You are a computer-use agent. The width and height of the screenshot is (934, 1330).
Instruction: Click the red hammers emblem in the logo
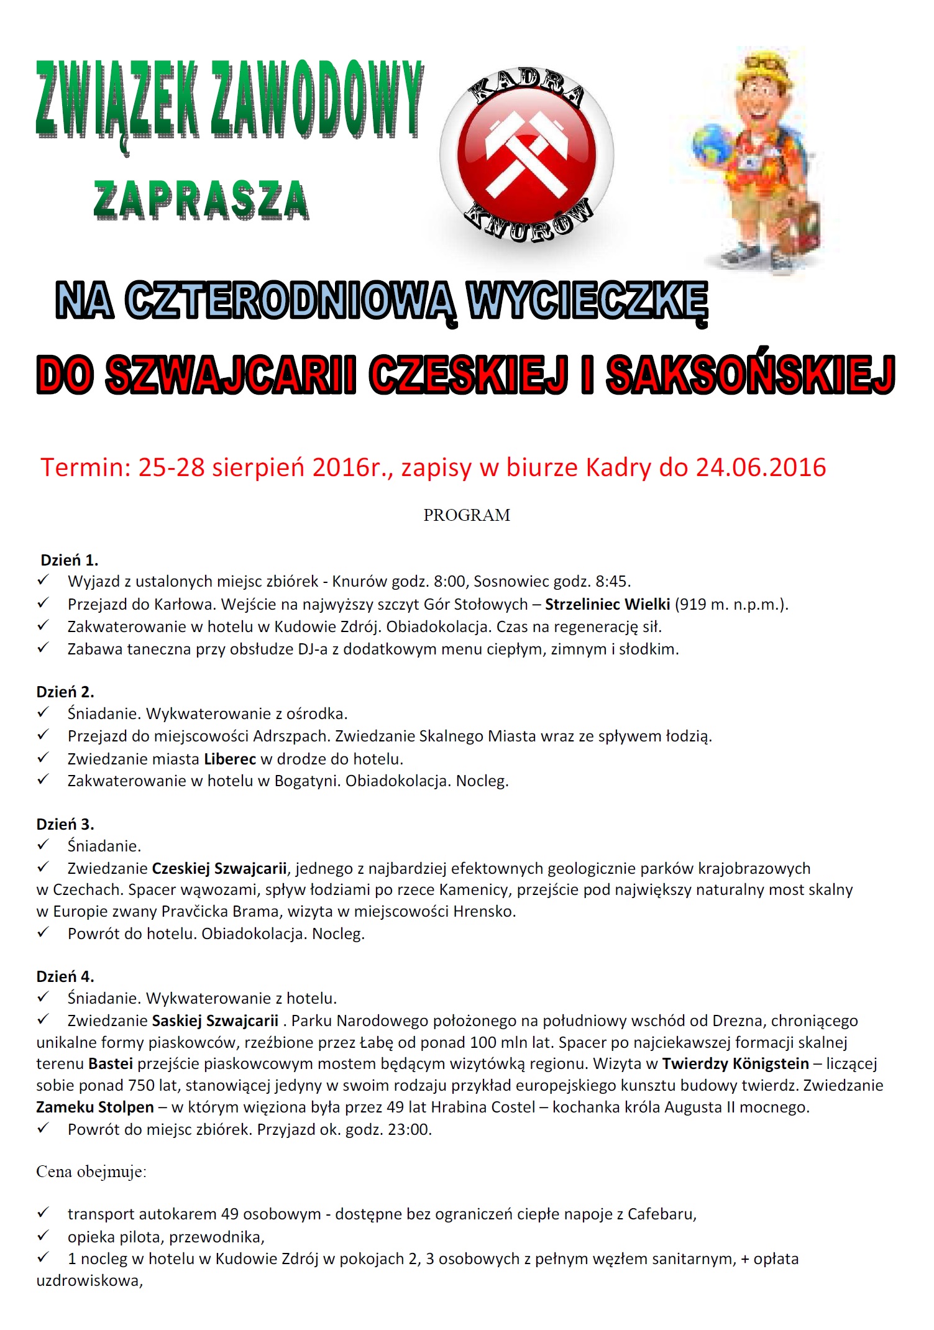[x=527, y=155]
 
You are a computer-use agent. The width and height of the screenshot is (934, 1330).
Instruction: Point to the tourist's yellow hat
[x=765, y=70]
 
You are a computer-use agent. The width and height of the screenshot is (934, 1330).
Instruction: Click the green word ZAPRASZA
[x=201, y=201]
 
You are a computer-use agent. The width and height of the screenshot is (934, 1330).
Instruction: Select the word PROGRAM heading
[x=467, y=515]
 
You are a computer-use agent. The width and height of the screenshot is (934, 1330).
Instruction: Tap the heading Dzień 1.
[x=69, y=560]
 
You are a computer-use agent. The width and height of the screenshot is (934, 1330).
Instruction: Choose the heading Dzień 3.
[x=65, y=824]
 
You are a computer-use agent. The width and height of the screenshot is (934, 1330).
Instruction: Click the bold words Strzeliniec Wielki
[x=607, y=604]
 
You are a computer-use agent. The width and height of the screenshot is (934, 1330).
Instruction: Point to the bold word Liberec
[x=229, y=759]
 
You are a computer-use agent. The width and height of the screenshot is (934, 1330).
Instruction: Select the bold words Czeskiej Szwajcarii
[x=219, y=868]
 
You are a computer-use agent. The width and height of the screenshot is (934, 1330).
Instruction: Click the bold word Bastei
[x=111, y=1063]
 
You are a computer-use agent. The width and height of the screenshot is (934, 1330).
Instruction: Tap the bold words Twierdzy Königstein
[x=736, y=1063]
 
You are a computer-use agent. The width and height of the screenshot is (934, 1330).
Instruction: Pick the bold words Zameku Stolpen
[x=95, y=1107]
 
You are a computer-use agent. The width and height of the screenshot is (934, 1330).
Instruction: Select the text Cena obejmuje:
[x=91, y=1172]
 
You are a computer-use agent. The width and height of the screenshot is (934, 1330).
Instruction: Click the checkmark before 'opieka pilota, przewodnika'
[x=43, y=1236]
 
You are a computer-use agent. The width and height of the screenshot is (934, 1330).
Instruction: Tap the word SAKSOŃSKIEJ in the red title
[x=751, y=375]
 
